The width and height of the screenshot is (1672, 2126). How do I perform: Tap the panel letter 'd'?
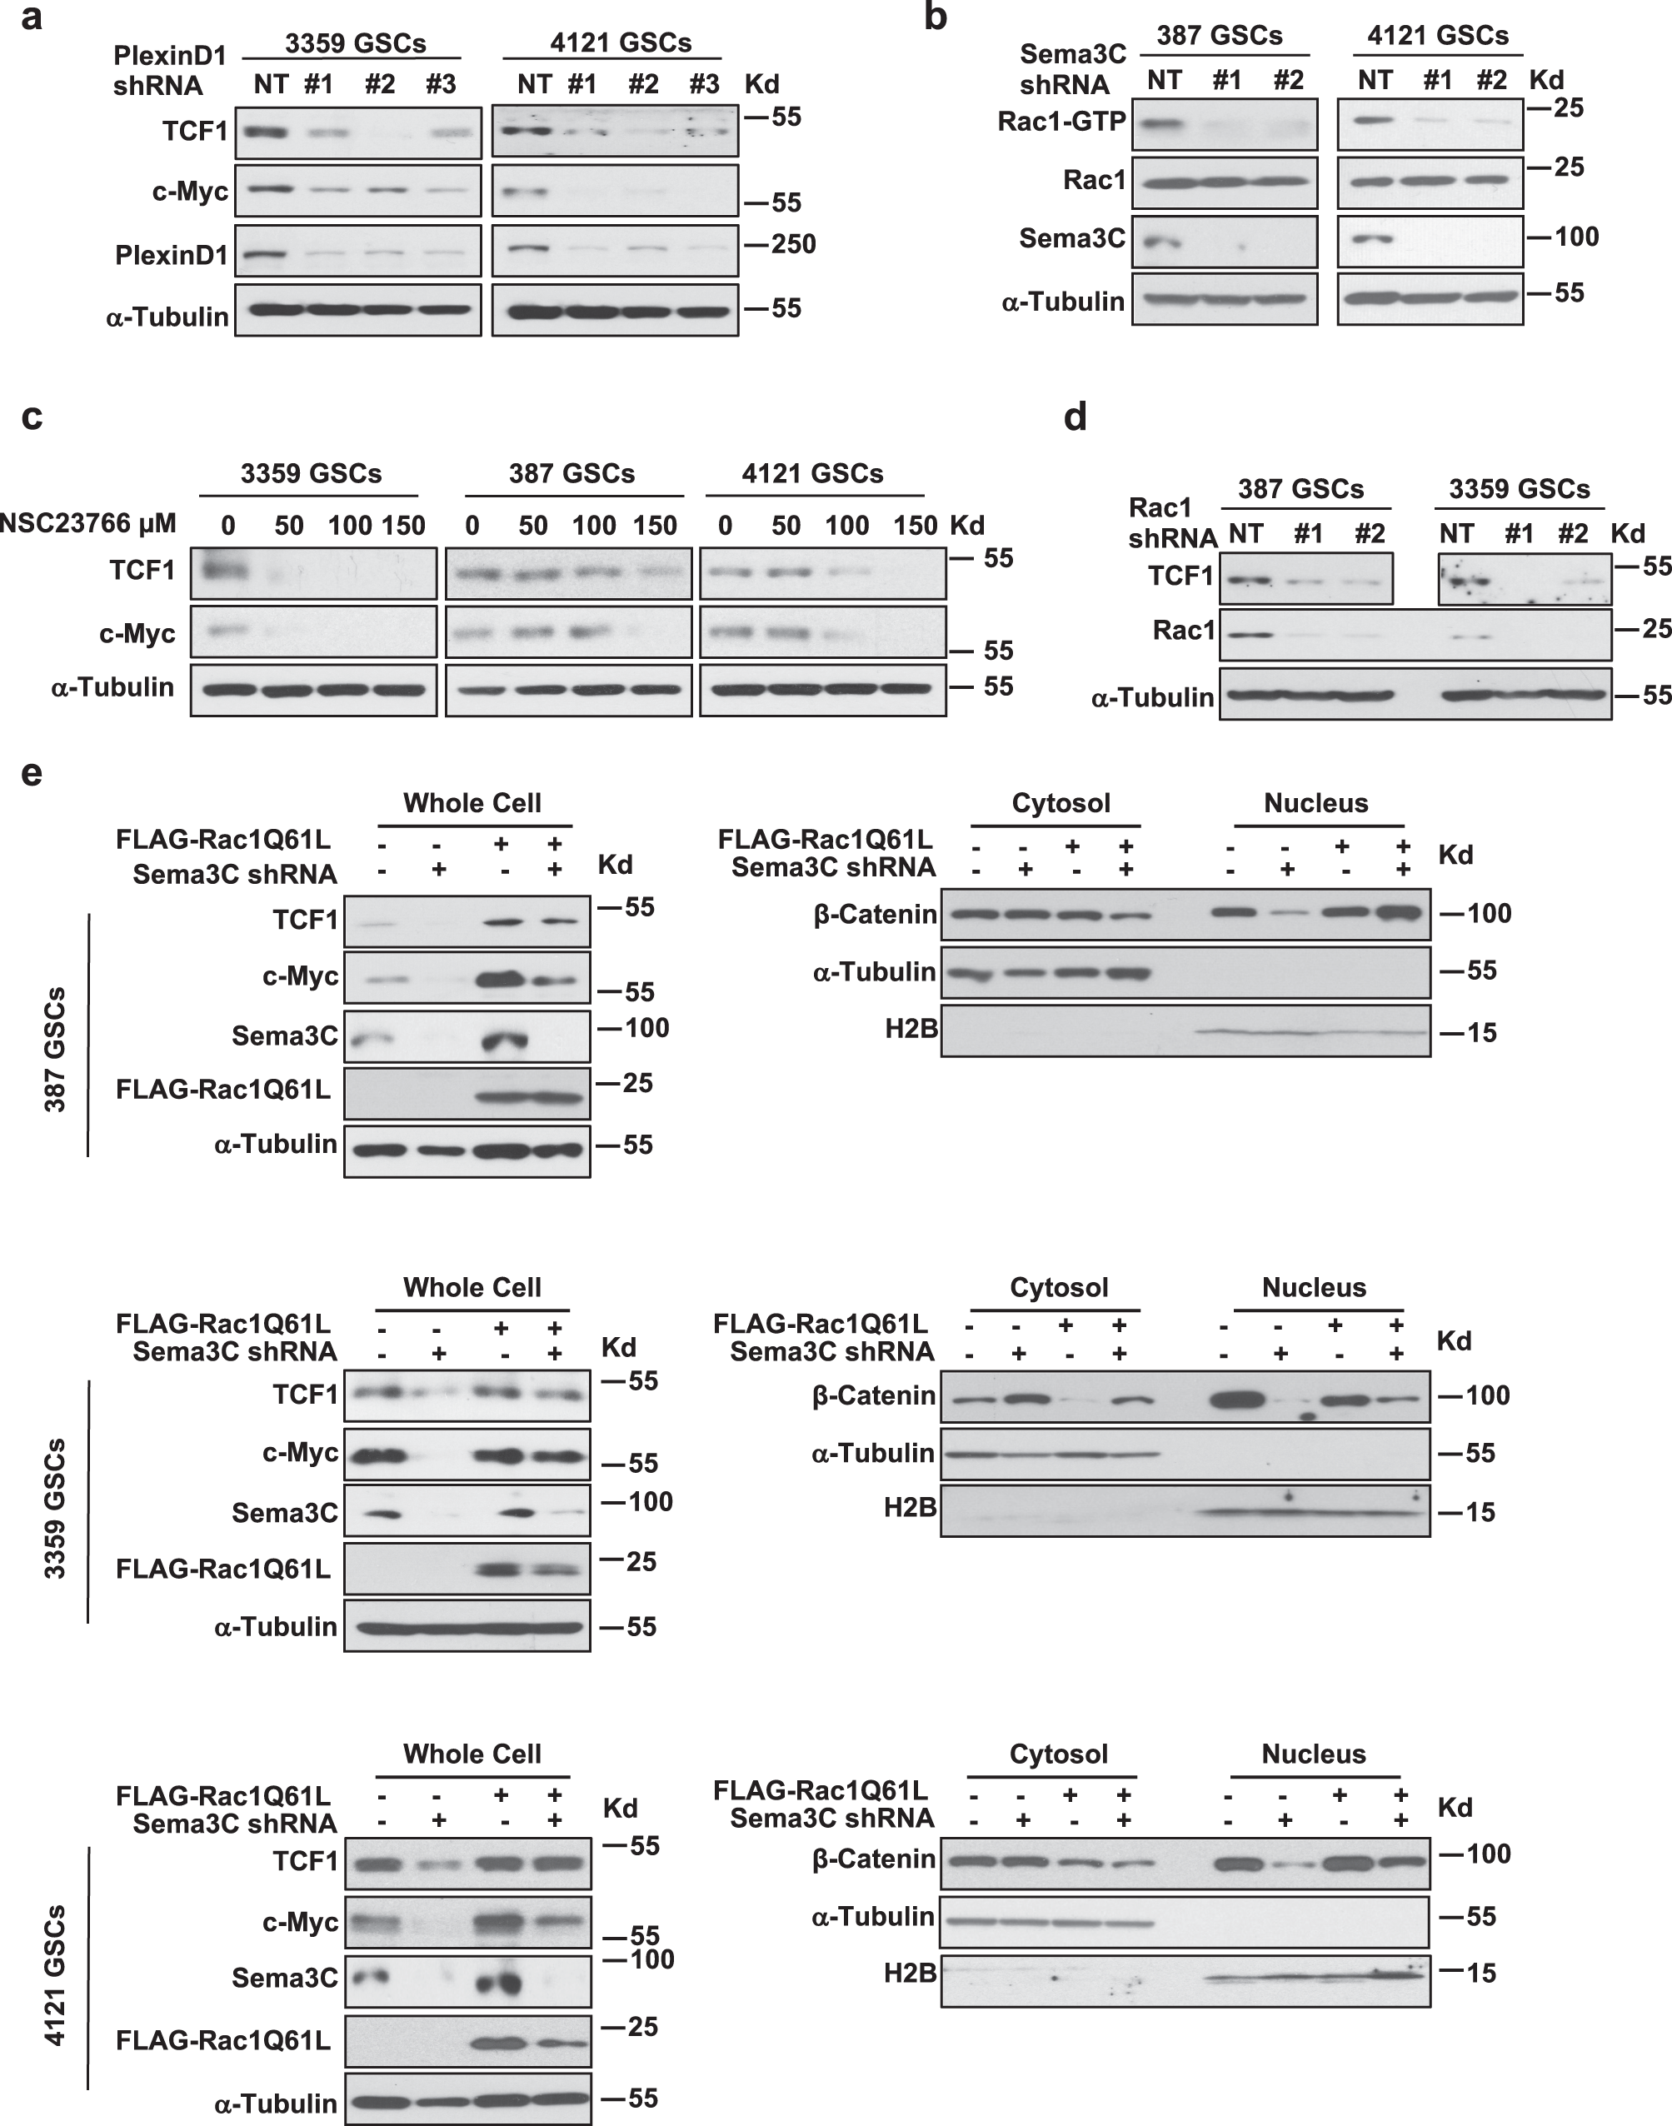coord(1075,419)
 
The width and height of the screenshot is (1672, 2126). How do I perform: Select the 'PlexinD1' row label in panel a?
coord(172,256)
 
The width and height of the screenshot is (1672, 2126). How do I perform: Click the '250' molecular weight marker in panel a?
coord(792,244)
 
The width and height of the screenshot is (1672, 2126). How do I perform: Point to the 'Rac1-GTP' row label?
coord(1061,122)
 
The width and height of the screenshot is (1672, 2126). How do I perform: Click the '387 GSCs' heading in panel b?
coord(1219,36)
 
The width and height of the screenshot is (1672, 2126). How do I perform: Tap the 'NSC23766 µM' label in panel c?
coord(88,524)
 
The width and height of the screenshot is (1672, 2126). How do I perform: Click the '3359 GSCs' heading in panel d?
coord(1520,488)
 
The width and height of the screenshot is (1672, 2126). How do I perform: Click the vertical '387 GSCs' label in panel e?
coord(56,1050)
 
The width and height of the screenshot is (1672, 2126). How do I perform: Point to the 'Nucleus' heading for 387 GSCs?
coord(1315,804)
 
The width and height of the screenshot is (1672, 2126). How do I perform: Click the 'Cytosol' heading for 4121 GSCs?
coord(1058,1754)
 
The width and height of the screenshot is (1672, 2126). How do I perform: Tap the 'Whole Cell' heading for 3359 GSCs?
coord(472,1287)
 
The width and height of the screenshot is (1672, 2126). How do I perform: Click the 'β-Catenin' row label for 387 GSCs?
coord(874,916)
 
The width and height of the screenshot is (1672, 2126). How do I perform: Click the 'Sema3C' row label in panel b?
coord(1072,237)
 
